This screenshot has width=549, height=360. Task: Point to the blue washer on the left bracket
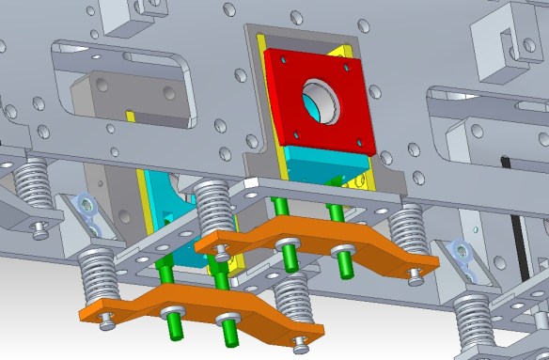(x=87, y=204)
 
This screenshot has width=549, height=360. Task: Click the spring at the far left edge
(x=33, y=183)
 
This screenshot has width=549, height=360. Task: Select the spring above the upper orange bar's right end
(x=408, y=230)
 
